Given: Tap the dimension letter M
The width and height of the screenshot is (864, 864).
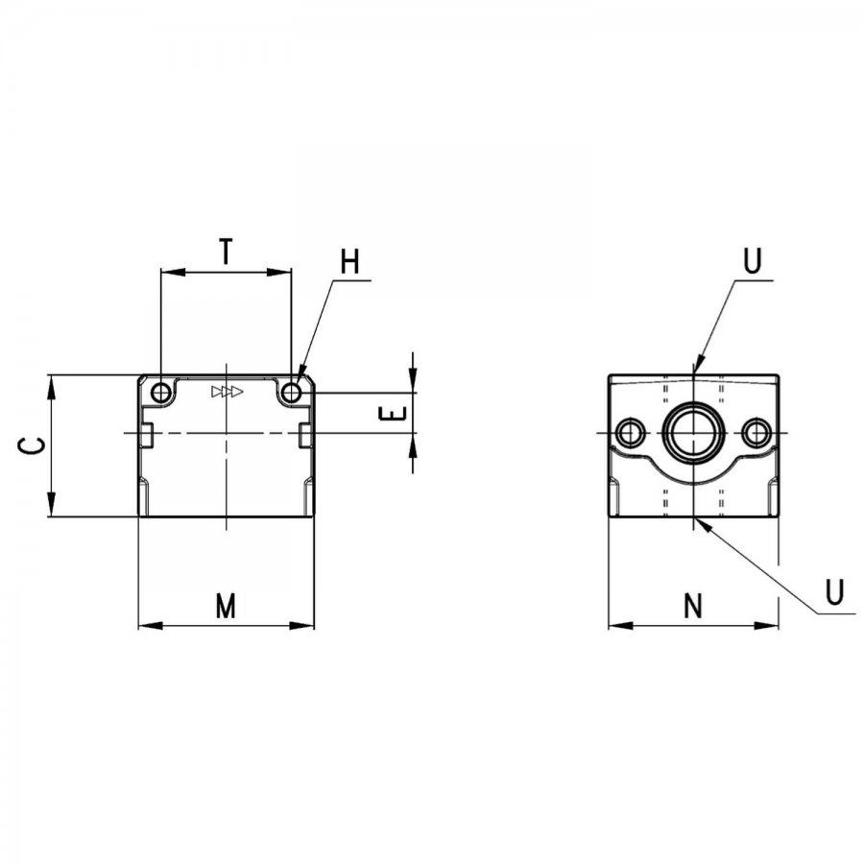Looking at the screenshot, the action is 226,606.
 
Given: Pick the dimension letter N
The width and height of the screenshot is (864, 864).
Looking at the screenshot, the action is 693,606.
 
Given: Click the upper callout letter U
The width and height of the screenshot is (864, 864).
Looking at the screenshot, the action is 753,261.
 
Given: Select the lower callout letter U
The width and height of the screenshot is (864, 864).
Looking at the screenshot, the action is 835,591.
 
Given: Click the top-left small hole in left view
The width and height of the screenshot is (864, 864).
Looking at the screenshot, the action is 161,394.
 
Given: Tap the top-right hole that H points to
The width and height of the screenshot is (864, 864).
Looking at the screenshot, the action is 291,394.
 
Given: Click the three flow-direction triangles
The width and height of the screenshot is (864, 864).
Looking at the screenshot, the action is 227,392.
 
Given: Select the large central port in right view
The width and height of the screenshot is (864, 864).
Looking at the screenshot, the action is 692,433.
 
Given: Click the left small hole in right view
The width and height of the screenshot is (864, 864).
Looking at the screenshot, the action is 629,433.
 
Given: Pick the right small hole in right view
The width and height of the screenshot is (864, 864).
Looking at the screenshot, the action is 756,433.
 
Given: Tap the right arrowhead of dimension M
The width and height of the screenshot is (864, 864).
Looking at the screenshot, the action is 302,625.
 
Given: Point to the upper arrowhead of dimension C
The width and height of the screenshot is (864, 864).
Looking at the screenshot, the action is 51,388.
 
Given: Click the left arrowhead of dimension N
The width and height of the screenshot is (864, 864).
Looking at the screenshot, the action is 621,625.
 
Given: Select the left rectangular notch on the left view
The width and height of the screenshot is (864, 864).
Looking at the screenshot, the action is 146,435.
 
